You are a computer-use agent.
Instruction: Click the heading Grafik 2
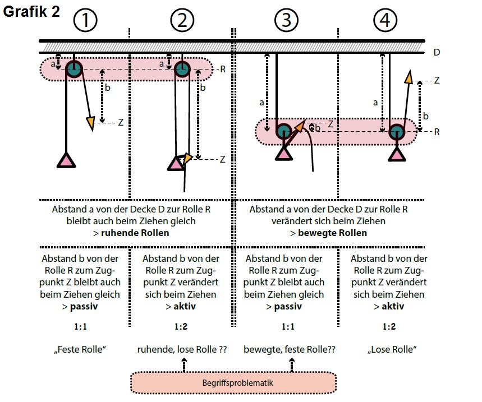[31, 13]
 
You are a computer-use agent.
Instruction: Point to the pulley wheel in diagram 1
[74, 69]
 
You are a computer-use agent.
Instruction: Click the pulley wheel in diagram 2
[181, 69]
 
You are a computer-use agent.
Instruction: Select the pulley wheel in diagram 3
[284, 131]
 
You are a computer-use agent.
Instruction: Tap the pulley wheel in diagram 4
[397, 131]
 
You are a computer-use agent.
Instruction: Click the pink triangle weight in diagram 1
[67, 161]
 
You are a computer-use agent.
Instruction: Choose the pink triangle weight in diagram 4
[397, 154]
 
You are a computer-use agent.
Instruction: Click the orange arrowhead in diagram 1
[90, 122]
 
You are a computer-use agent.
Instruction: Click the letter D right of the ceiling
[437, 53]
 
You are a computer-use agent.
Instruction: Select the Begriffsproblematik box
[233, 383]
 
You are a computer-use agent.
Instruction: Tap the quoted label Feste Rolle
[80, 349]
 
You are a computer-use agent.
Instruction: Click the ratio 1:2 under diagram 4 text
[388, 326]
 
